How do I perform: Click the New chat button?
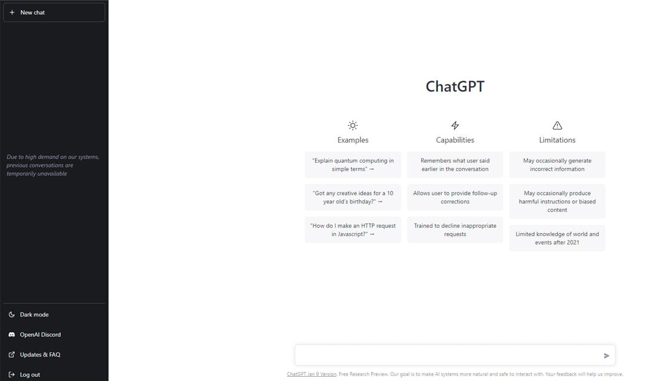54,13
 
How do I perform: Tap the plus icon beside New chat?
12,13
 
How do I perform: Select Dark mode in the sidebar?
34,315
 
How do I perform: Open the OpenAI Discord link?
40,334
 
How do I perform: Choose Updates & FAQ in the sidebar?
40,355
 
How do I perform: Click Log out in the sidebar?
30,374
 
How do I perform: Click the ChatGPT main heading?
455,86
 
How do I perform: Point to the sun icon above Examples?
353,125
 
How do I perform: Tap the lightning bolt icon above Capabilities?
455,125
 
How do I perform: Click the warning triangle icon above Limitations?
557,125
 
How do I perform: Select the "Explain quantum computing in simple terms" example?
353,165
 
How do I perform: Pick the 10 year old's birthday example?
353,197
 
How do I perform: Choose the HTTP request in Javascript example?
353,230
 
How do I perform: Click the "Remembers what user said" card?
455,165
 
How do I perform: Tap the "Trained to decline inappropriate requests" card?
455,230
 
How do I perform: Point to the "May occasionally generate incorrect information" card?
557,165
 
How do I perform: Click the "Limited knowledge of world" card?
557,238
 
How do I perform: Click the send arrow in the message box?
606,355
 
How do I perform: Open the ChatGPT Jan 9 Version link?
311,374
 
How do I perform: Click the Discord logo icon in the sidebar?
12,334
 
